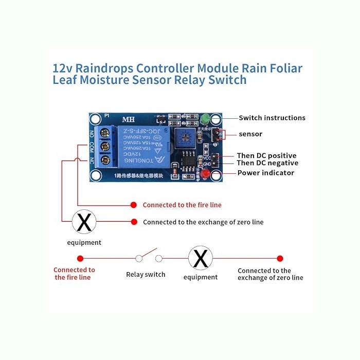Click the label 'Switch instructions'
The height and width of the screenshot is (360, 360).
(x=272, y=118)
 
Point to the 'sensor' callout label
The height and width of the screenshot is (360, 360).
(x=250, y=134)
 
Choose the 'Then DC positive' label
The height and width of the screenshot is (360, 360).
(x=266, y=155)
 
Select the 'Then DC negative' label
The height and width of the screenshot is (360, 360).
(x=267, y=163)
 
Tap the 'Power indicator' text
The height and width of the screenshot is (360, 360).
(x=265, y=173)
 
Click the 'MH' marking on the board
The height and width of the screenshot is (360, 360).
(x=128, y=120)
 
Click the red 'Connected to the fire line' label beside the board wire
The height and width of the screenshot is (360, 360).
(x=182, y=205)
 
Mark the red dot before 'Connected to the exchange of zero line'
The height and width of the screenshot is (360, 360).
(x=134, y=222)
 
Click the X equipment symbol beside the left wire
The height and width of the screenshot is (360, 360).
(x=84, y=222)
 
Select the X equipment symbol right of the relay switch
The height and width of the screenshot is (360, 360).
(x=200, y=258)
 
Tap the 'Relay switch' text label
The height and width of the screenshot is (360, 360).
(x=146, y=275)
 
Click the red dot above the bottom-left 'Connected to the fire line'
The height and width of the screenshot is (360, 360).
(x=80, y=258)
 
